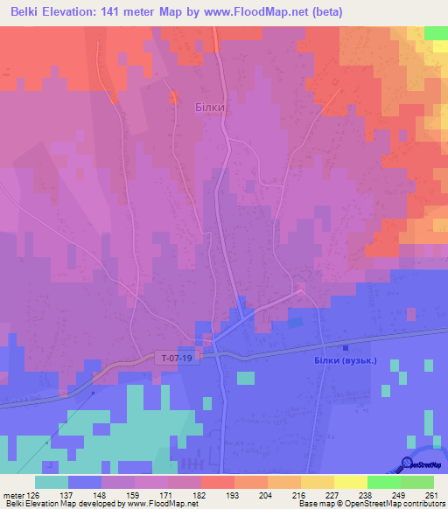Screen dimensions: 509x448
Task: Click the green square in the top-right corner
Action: [x=436, y=32]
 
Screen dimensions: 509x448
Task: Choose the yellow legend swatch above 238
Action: [x=350, y=482]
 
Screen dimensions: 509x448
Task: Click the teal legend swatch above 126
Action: [x=52, y=482]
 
